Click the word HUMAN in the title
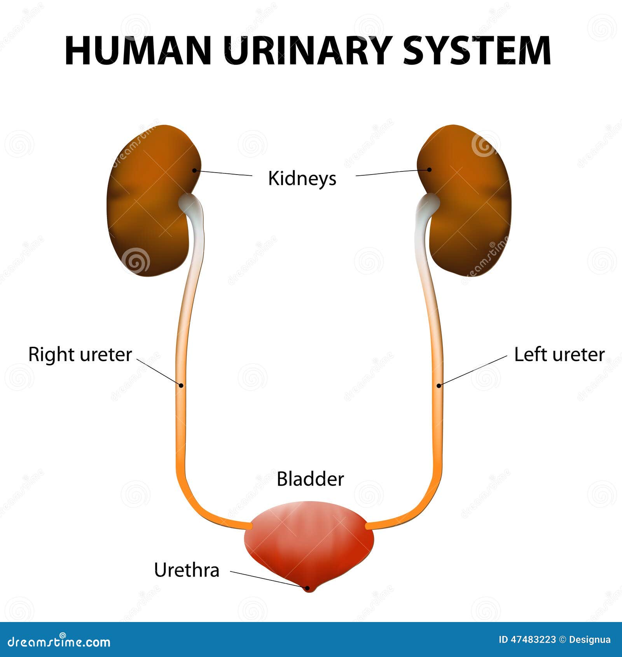[x=138, y=51]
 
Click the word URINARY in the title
[x=308, y=51]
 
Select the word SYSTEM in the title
[x=477, y=51]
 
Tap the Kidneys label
[x=302, y=178]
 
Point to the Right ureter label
[x=80, y=355]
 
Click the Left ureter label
[x=559, y=355]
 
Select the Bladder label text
[x=310, y=479]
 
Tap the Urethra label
[x=187, y=570]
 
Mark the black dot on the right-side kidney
[x=429, y=169]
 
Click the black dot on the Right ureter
[x=181, y=385]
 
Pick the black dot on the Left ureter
[x=439, y=385]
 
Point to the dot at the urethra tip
[x=308, y=588]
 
